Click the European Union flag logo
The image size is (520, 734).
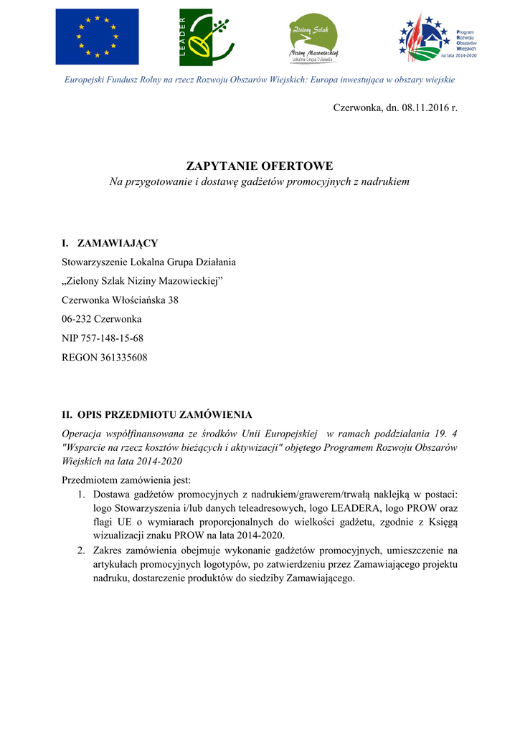pyautogui.click(x=97, y=37)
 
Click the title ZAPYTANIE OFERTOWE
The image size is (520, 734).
pyautogui.click(x=259, y=166)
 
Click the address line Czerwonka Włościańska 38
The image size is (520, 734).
pyautogui.click(x=120, y=300)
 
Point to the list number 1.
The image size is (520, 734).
pyautogui.click(x=81, y=495)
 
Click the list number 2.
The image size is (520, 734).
pyautogui.click(x=81, y=551)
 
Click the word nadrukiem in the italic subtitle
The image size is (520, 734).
pyautogui.click(x=385, y=182)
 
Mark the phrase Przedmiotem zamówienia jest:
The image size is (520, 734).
pyautogui.click(x=126, y=480)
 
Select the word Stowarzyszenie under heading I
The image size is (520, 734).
pyautogui.click(x=97, y=262)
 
